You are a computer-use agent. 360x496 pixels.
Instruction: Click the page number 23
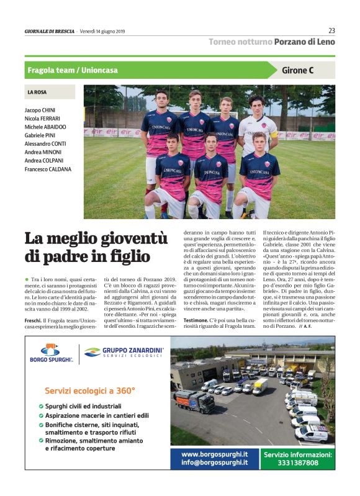tap(331, 30)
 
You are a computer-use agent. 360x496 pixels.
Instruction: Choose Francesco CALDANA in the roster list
tap(48, 169)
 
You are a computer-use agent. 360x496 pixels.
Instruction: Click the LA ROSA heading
tap(37, 92)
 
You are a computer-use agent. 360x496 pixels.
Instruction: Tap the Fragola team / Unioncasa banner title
tap(73, 70)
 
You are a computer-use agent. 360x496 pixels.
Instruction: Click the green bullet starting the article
tap(27, 280)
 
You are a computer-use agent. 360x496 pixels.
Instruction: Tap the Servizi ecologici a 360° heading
tap(90, 390)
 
